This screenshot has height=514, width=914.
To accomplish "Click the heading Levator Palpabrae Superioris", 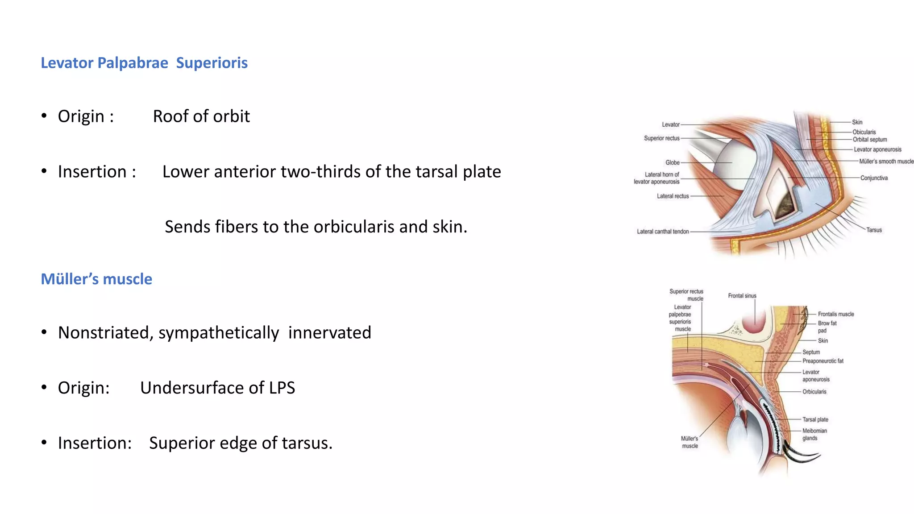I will click(x=144, y=63).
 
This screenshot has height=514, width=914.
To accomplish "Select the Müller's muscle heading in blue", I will click(x=96, y=279).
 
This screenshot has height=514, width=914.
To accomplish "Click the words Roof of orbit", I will click(x=201, y=116).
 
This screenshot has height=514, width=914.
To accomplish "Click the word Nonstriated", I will click(x=105, y=332).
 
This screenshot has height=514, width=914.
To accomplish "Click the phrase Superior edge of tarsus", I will click(x=241, y=443).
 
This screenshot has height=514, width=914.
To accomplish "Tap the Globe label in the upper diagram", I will click(x=672, y=163).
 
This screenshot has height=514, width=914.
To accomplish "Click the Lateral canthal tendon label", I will click(x=663, y=232).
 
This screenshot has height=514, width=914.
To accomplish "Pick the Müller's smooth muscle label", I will click(x=886, y=162).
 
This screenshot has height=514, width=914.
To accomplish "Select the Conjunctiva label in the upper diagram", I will click(x=874, y=178).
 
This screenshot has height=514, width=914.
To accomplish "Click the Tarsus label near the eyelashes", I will click(x=874, y=230).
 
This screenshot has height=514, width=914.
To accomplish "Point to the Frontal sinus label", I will click(x=742, y=296).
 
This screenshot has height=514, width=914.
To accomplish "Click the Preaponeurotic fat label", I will click(x=823, y=361).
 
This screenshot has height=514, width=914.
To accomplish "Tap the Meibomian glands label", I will click(x=814, y=435).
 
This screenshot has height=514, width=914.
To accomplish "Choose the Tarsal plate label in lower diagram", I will click(x=815, y=419).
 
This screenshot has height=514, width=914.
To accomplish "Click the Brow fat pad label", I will click(x=827, y=327).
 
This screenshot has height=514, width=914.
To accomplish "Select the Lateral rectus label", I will click(x=673, y=196).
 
